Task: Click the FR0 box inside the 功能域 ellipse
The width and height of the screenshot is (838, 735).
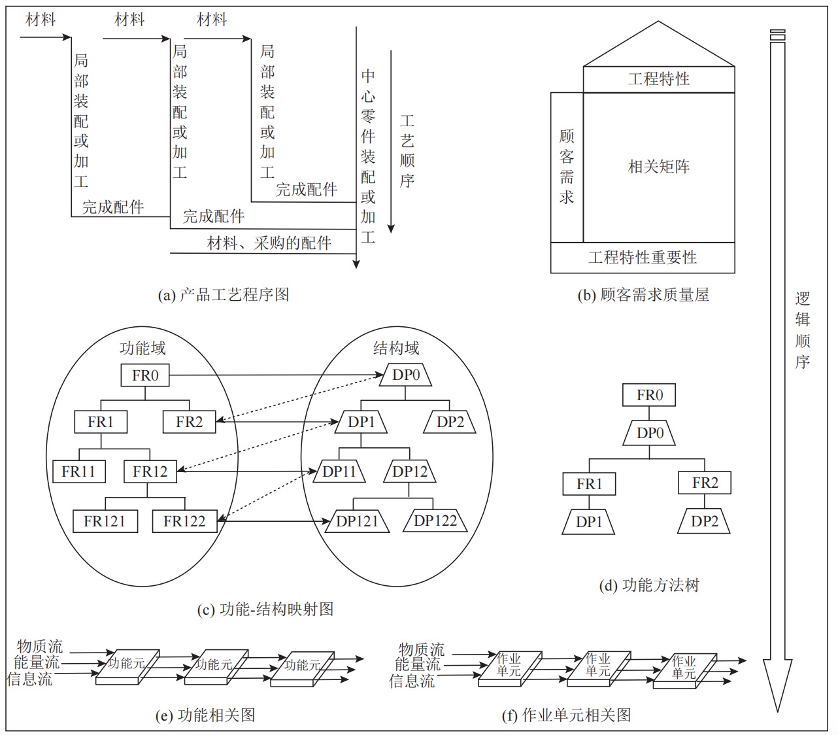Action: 144,375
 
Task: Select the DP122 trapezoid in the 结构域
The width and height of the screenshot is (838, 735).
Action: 435,521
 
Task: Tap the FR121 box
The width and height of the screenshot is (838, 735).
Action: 105,521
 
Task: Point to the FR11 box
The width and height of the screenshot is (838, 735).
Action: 79,471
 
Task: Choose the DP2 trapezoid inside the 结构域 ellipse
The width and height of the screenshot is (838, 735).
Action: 450,422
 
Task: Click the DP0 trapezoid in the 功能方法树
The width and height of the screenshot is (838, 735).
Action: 649,434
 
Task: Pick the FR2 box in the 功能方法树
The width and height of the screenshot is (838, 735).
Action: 705,483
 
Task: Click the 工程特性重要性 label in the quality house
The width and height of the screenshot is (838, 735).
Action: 643,258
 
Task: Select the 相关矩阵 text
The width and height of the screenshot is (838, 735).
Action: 658,166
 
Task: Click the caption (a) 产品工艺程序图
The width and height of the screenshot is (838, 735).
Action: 224,295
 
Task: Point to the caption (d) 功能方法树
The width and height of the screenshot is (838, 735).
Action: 649,585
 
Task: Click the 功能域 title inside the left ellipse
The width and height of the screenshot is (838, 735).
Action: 142,348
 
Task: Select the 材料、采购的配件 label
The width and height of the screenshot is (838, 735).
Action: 269,243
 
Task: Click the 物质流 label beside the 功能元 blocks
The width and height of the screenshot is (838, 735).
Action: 40,646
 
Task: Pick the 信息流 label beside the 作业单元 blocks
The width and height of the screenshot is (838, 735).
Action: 412,681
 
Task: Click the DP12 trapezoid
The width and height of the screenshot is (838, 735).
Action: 409,471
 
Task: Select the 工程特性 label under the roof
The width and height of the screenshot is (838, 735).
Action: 658,79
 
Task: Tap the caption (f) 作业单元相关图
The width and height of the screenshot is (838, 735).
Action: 566,715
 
